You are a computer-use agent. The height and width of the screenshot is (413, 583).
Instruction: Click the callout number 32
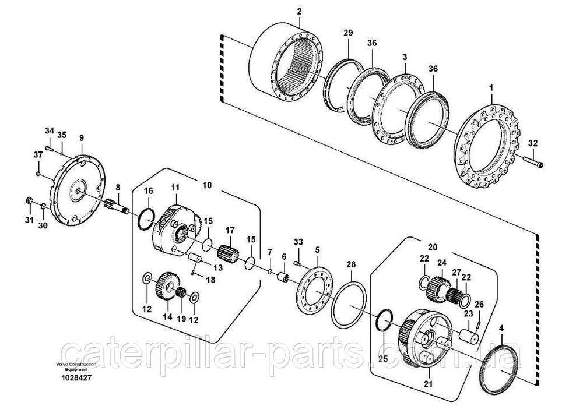point(533,143)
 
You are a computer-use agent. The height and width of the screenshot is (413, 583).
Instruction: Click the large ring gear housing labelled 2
point(287,61)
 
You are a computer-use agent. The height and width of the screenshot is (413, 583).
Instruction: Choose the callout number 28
point(351,264)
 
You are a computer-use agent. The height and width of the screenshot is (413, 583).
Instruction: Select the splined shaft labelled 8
point(118,206)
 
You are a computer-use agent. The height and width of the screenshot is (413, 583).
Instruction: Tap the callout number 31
point(29,220)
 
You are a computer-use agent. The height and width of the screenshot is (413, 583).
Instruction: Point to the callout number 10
point(207,185)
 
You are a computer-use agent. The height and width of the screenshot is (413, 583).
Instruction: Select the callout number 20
point(433,246)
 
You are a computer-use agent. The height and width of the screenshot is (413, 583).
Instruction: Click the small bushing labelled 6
point(284,277)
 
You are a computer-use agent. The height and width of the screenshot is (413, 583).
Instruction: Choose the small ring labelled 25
point(384,319)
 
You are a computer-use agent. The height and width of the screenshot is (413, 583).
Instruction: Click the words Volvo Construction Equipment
point(76,367)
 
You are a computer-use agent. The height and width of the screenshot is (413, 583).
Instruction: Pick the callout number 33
point(298,242)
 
